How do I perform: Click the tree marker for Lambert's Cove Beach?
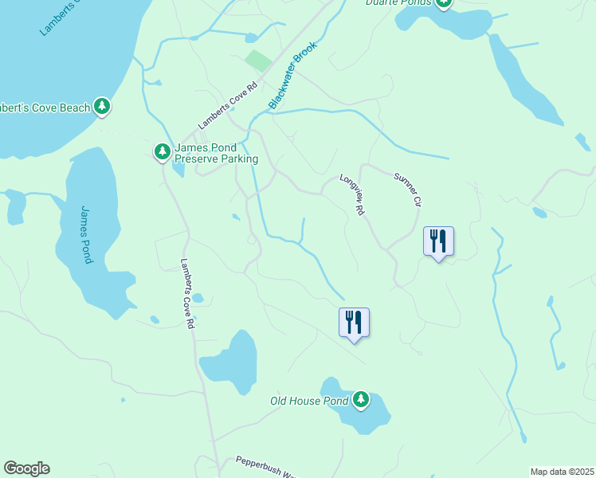(x=101, y=105)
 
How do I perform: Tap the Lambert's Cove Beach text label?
(x=44, y=106)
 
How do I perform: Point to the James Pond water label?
(x=87, y=234)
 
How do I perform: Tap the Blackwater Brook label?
(x=292, y=76)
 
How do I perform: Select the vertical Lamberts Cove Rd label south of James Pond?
(x=187, y=294)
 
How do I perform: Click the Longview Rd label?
(x=351, y=194)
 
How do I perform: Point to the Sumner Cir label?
(x=406, y=190)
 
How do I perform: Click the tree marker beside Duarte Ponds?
(x=443, y=2)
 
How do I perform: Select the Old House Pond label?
(x=309, y=401)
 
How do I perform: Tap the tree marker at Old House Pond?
(x=361, y=399)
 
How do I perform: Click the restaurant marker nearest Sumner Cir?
(x=437, y=241)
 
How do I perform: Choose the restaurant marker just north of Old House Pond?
(x=354, y=322)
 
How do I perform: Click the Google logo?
(x=26, y=468)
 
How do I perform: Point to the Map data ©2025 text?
(x=562, y=472)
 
